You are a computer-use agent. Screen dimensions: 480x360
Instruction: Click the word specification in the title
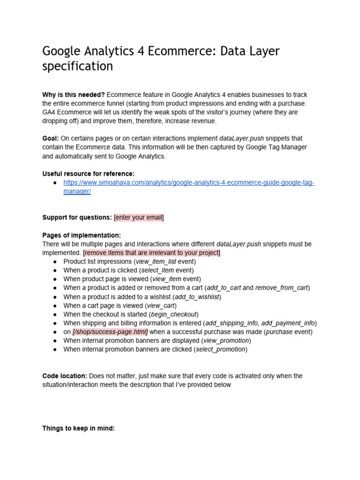coord(77,66)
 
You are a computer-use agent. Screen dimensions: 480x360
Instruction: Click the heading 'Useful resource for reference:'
coord(88,174)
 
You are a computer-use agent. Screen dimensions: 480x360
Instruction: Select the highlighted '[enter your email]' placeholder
coord(139,217)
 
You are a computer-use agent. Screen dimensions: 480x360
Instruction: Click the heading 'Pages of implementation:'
coord(82,235)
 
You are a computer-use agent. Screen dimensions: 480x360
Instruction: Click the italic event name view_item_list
coord(156,262)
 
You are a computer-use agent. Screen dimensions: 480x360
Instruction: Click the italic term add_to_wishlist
coord(197,297)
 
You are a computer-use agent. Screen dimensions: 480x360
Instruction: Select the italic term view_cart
coord(161,306)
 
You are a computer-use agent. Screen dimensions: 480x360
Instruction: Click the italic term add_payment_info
coord(288,323)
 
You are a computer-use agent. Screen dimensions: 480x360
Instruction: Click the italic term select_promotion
coord(220,349)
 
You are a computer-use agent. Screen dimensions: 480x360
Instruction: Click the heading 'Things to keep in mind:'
coord(78,428)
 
